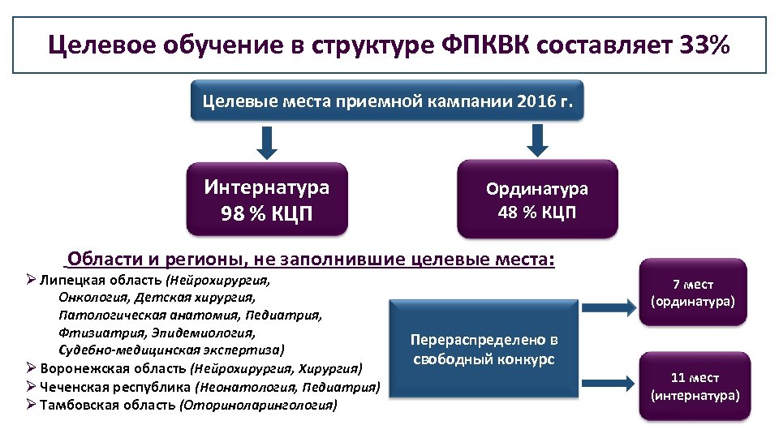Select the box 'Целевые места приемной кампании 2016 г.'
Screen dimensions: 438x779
pyautogui.click(x=387, y=101)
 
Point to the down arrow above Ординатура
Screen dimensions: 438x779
pyautogui.click(x=536, y=140)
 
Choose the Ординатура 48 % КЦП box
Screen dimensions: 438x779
pyautogui.click(x=537, y=200)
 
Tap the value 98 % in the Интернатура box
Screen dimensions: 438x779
pyautogui.click(x=243, y=214)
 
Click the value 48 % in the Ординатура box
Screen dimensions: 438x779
pyautogui.click(x=513, y=213)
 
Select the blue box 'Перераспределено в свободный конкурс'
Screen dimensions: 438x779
pyautogui.click(x=484, y=349)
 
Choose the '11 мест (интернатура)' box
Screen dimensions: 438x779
pyautogui.click(x=694, y=386)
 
